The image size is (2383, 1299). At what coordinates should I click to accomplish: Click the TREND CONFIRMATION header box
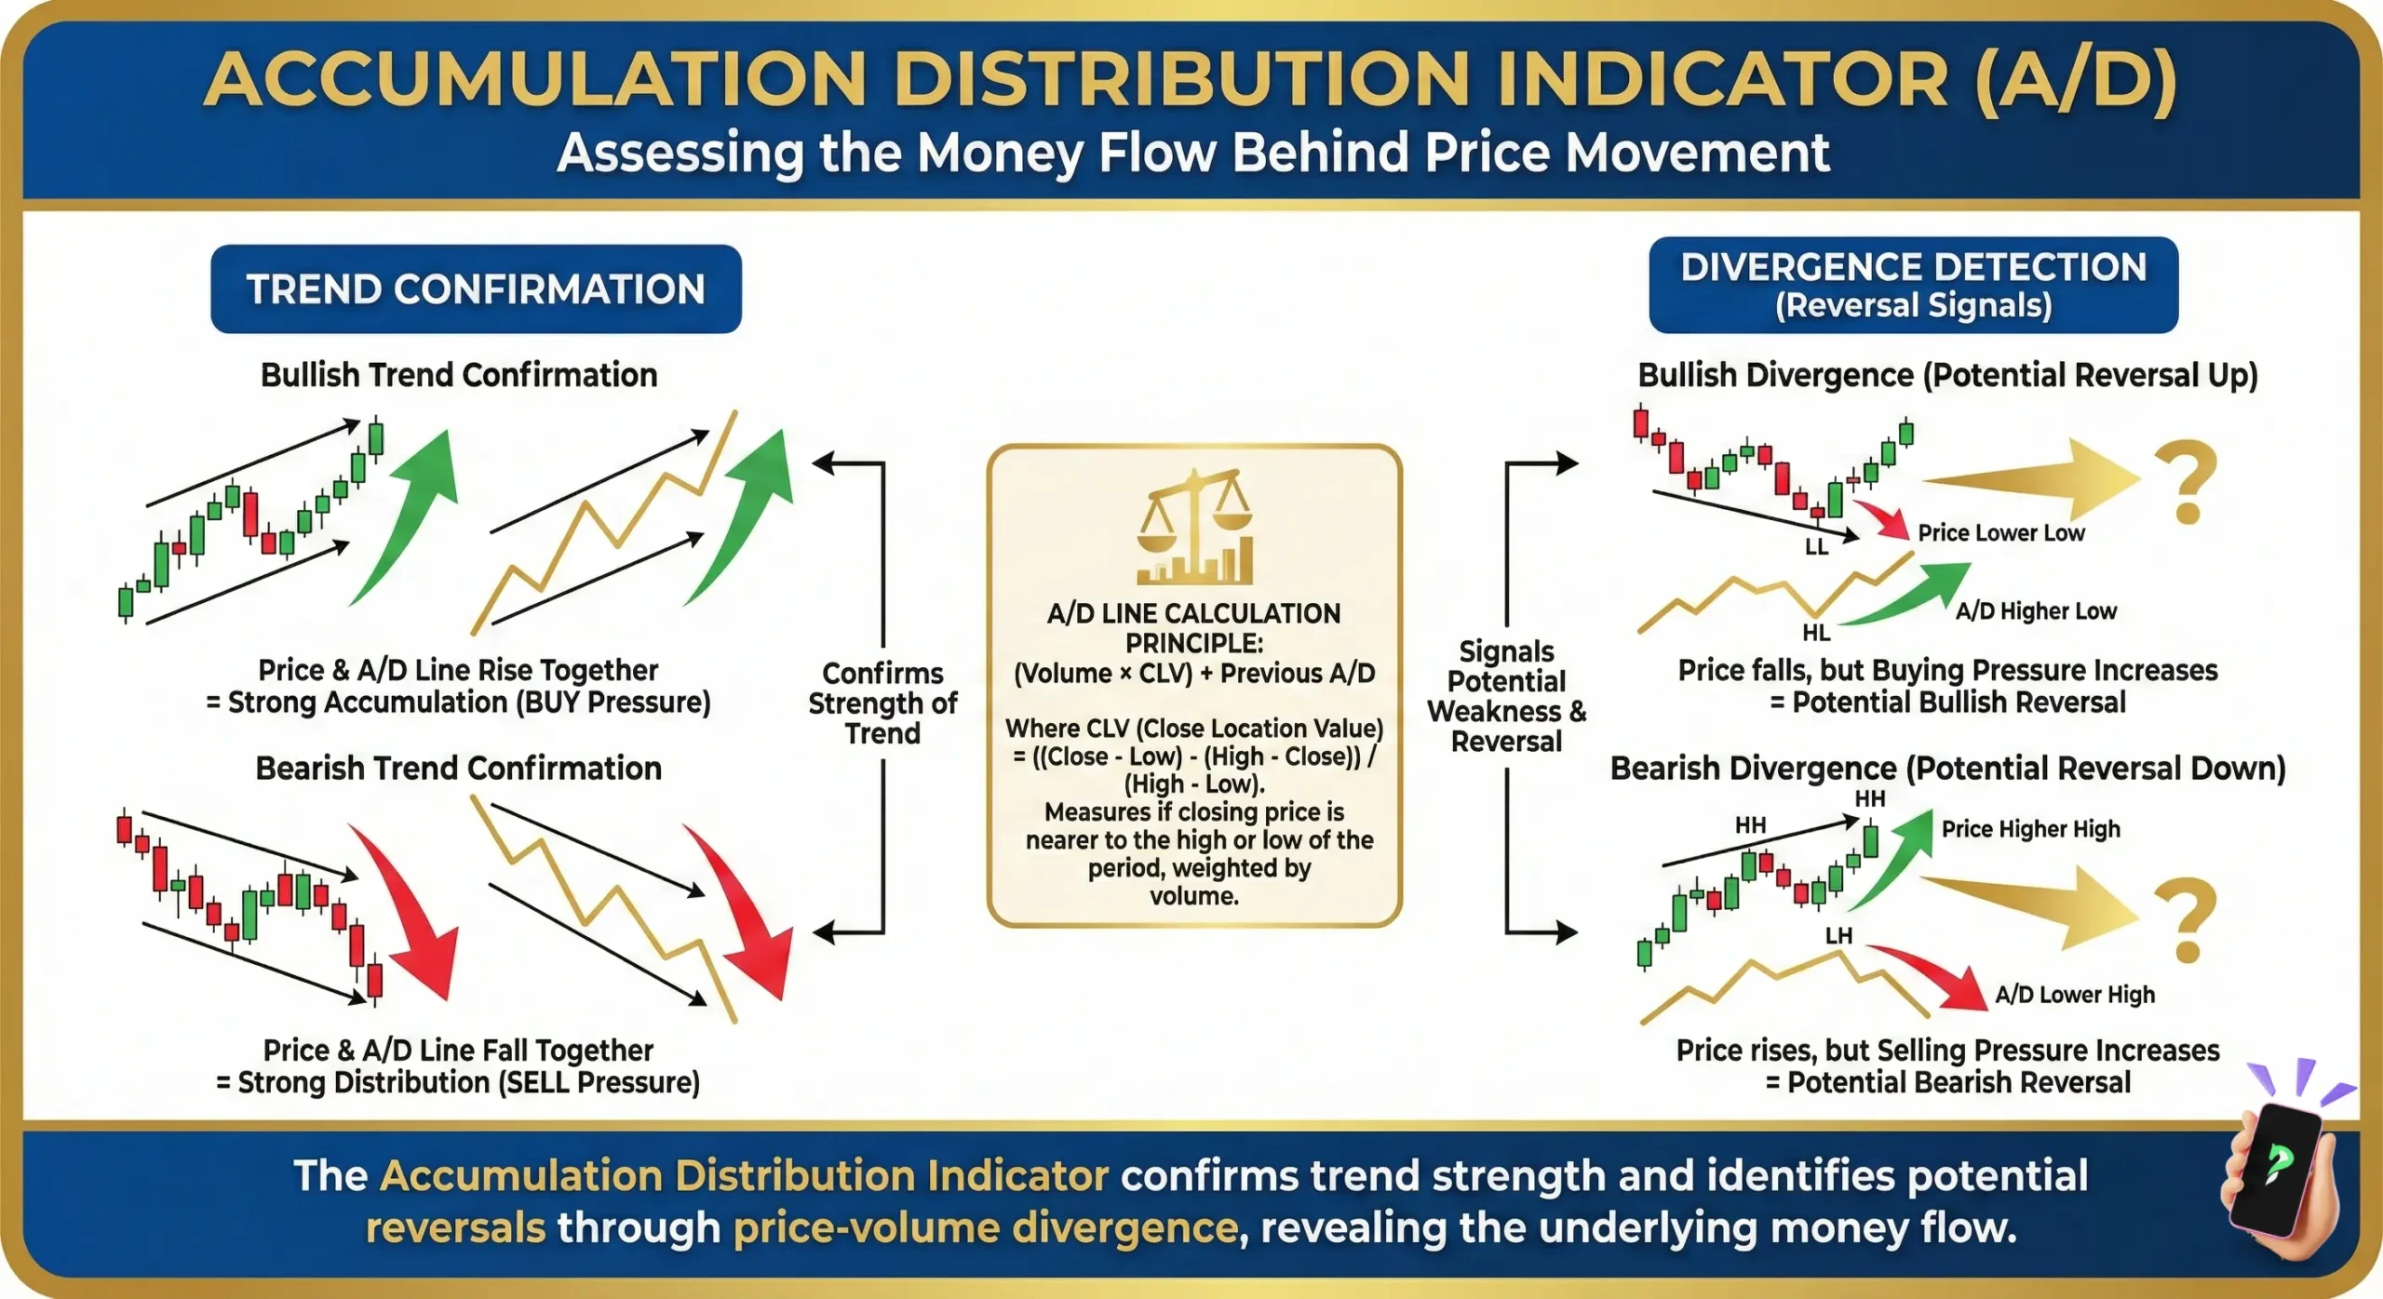coord(476,289)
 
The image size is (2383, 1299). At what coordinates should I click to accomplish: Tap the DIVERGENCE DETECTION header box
coord(1913,285)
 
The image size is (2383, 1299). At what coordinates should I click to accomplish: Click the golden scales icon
coord(1194,527)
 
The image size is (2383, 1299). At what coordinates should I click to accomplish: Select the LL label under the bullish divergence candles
coord(1816,547)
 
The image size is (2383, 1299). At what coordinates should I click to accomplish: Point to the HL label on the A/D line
coord(1815,633)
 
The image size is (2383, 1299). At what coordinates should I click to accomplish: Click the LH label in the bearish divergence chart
coord(1838,935)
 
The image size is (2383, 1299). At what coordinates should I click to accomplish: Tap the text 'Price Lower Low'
coord(2000,533)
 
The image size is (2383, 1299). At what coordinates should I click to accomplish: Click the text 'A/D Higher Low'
coord(2036,611)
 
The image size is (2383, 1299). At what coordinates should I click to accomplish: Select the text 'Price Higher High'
coord(2030,829)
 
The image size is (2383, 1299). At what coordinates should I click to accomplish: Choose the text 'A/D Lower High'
coord(2074,995)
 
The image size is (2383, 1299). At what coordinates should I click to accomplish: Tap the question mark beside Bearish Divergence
coord(2186,921)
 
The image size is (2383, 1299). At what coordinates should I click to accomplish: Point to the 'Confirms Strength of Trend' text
coord(882,703)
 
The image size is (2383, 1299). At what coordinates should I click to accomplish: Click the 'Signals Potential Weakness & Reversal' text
coord(1506,696)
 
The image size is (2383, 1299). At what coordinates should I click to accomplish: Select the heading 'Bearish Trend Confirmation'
coord(458,769)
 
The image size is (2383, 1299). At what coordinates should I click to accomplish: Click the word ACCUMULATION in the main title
coord(535,79)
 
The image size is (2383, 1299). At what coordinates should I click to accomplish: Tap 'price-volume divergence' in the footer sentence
coord(986,1228)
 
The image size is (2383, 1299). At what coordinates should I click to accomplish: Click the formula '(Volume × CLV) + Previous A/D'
coord(1194,674)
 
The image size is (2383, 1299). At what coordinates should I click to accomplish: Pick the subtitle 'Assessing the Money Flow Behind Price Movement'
coord(1193,154)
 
